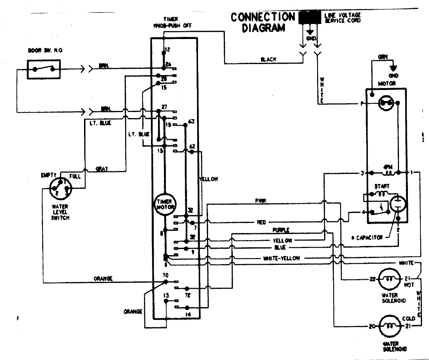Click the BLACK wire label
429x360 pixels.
(x=268, y=60)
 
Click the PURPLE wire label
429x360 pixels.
(x=281, y=229)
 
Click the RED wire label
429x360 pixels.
(x=261, y=222)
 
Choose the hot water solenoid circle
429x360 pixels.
(x=388, y=279)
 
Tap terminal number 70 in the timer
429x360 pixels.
(x=166, y=275)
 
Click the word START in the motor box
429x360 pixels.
(x=382, y=186)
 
